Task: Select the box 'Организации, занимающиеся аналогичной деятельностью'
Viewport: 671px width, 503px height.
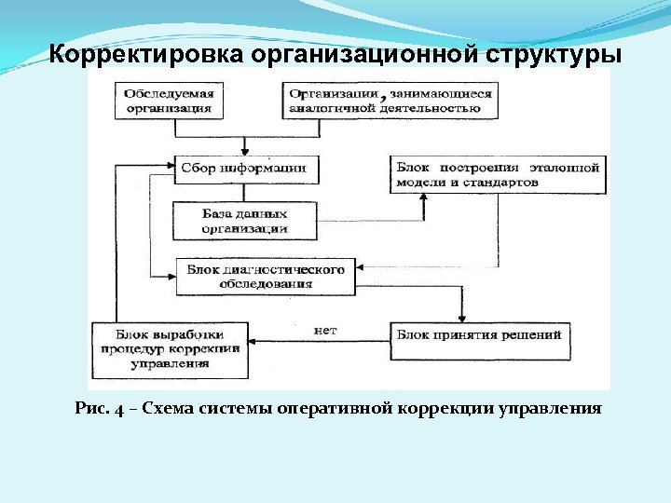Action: pyautogui.click(x=390, y=101)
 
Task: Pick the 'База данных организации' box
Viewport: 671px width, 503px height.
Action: pyautogui.click(x=245, y=221)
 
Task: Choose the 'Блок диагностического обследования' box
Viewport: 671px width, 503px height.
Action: pyautogui.click(x=266, y=277)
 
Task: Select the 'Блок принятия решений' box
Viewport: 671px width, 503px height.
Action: pyautogui.click(x=480, y=334)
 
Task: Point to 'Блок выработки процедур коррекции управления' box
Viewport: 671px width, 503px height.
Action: pyautogui.click(x=170, y=349)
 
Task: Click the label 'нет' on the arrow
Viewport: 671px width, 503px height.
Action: pyautogui.click(x=325, y=330)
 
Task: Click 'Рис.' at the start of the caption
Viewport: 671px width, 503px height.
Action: pyautogui.click(x=90, y=408)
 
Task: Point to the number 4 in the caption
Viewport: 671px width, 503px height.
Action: pyautogui.click(x=118, y=409)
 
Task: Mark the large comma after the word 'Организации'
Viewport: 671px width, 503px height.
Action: pyautogui.click(x=384, y=95)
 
